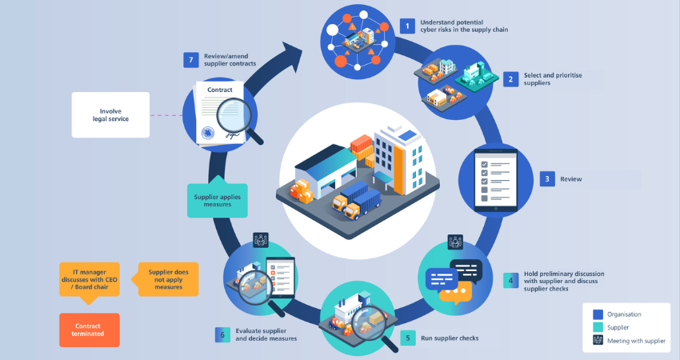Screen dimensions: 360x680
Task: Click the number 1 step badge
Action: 407,26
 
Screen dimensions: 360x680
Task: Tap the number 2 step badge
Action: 510,78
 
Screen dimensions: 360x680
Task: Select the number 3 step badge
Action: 547,179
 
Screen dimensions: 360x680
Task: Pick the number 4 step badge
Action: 510,282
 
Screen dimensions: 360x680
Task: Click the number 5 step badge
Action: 407,338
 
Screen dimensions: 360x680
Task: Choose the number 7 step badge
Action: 190,61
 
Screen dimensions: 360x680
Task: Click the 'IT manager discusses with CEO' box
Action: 90,278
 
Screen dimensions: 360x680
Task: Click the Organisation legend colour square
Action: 598,314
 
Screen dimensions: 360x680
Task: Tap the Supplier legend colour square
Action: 598,327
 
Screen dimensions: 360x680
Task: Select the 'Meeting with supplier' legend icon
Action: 598,342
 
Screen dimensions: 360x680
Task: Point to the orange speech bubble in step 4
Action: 452,293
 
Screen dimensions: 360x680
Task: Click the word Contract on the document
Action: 220,91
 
